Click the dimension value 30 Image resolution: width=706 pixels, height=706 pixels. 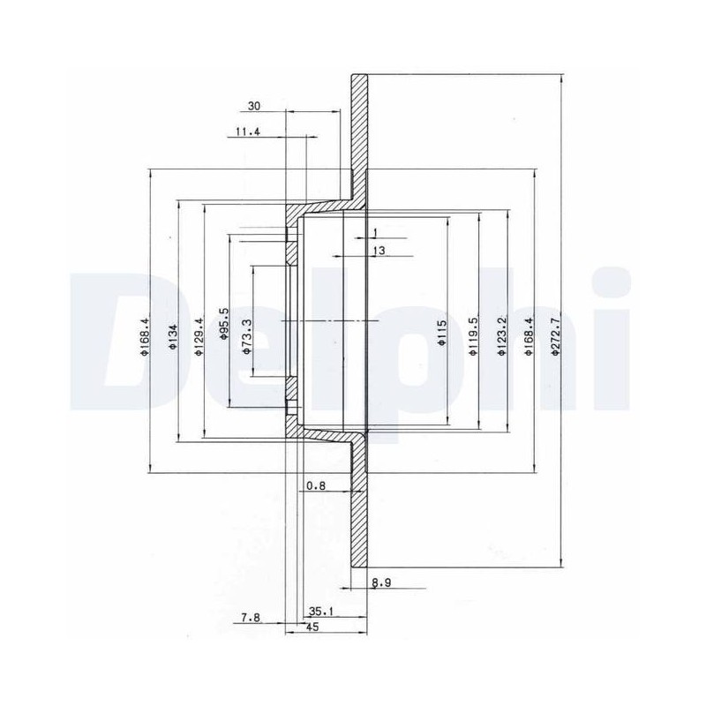(254, 106)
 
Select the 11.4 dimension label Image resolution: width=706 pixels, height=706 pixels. (248, 131)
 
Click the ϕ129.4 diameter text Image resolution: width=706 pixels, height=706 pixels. (199, 337)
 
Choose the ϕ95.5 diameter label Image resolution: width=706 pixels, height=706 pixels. (224, 323)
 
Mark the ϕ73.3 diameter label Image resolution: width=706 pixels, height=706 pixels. (247, 336)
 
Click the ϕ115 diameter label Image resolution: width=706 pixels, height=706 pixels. (442, 333)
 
